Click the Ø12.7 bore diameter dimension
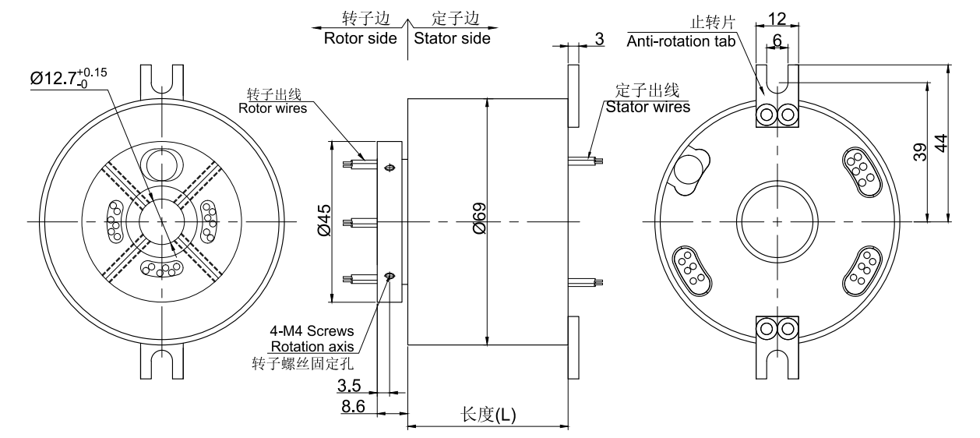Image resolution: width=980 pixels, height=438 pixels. [69, 78]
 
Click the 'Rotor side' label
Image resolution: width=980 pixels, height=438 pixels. [361, 38]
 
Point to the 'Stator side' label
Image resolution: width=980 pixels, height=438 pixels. [452, 38]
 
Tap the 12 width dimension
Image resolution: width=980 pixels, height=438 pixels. [776, 17]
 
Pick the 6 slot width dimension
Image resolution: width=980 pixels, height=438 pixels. [776, 38]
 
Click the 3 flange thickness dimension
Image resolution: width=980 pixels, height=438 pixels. [598, 38]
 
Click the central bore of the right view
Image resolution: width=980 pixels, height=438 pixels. [777, 221]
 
